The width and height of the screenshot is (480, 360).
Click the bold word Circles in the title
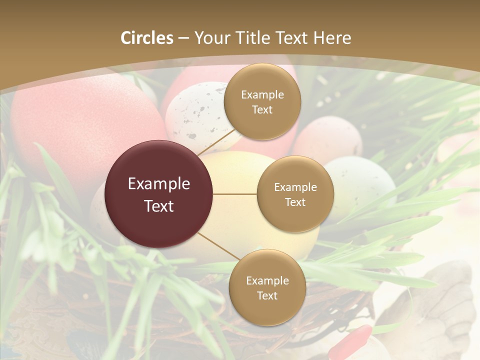147,38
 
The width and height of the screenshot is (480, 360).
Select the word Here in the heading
332,38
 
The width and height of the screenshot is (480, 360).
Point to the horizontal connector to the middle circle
235,194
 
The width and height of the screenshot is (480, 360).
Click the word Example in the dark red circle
159,184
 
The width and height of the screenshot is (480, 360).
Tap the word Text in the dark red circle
159,206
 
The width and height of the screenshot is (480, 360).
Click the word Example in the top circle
262,95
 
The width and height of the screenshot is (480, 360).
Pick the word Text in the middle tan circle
295,202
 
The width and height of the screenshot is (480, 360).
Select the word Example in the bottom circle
267,281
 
